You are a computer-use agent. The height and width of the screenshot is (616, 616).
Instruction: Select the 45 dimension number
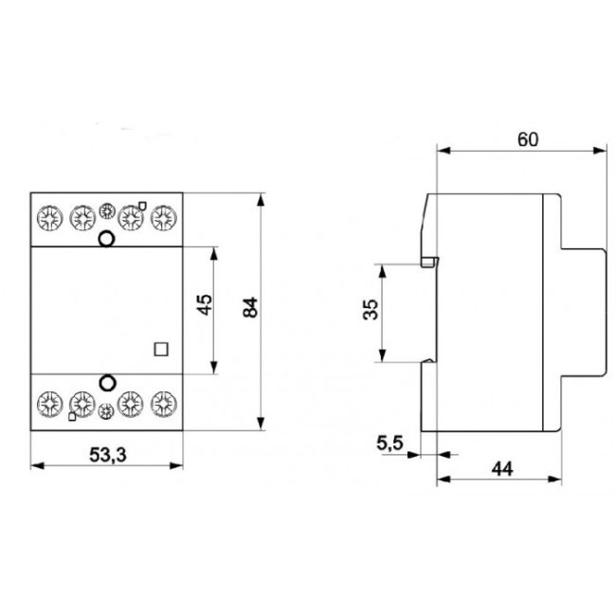tap(204, 305)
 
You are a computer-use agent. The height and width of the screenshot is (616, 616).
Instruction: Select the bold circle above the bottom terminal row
tap(107, 384)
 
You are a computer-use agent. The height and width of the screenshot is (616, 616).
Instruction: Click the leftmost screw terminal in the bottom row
tap(47, 405)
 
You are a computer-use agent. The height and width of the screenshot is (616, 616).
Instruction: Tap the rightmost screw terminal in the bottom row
tap(167, 405)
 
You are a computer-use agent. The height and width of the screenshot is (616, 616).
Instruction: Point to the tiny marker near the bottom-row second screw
tap(72, 417)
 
